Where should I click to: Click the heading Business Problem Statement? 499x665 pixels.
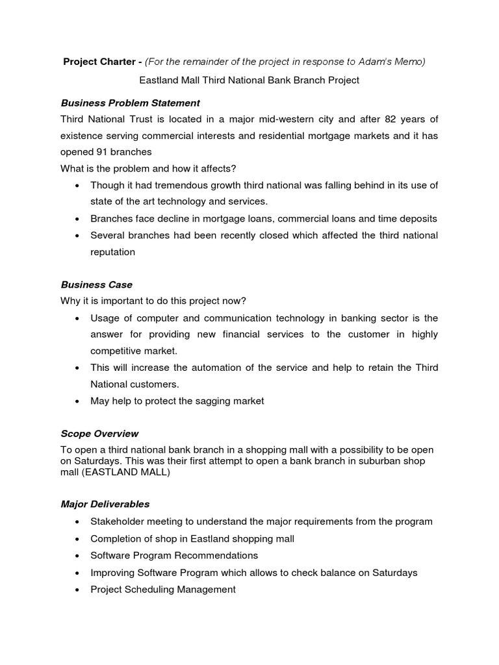[130, 103]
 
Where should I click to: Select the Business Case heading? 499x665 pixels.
[96, 284]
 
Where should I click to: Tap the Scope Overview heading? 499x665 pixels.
[99, 433]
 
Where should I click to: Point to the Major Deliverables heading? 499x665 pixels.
[105, 503]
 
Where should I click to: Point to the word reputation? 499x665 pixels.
[112, 252]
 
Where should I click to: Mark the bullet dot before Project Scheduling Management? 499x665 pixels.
[78, 590]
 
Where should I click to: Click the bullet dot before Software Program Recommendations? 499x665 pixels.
[78, 556]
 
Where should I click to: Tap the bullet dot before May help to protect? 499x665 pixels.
[78, 401]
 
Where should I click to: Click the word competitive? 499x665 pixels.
[115, 351]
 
